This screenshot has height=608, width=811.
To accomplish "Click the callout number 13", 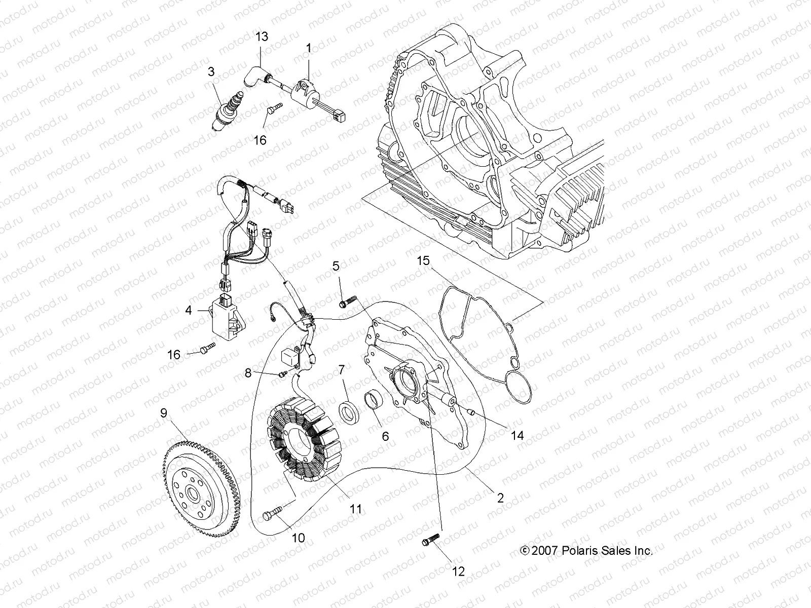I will [x=262, y=36].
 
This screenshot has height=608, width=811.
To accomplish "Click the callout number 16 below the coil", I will [x=260, y=140].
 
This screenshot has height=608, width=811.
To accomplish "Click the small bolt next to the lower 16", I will [x=207, y=348].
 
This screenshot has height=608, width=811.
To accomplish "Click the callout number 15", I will [x=423, y=261].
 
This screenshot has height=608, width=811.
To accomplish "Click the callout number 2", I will [x=500, y=498].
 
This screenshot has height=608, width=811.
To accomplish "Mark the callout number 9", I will [x=163, y=413].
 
